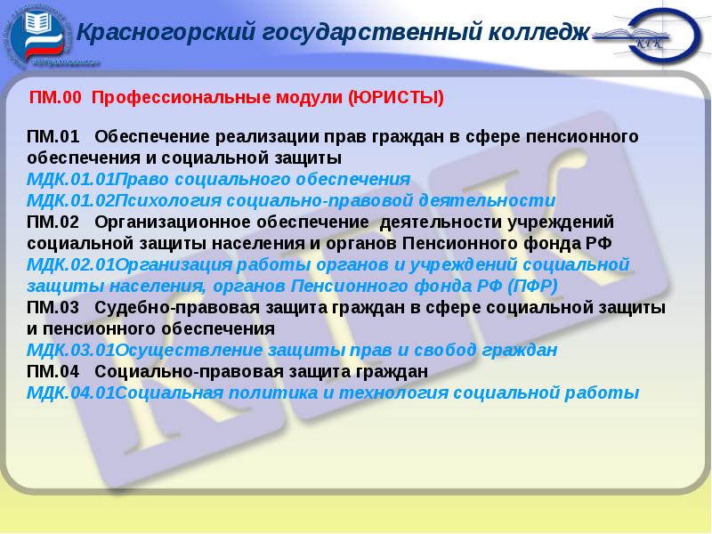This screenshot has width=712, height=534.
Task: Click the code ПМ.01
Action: tap(53, 138)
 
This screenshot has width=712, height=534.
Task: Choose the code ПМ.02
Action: tap(53, 221)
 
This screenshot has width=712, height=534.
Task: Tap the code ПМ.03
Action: tap(53, 307)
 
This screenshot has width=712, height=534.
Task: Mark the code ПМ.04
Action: tap(53, 370)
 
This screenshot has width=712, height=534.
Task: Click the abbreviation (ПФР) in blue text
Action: tap(531, 285)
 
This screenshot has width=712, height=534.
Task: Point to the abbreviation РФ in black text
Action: tap(601, 242)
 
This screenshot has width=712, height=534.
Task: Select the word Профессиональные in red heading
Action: tap(179, 97)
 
